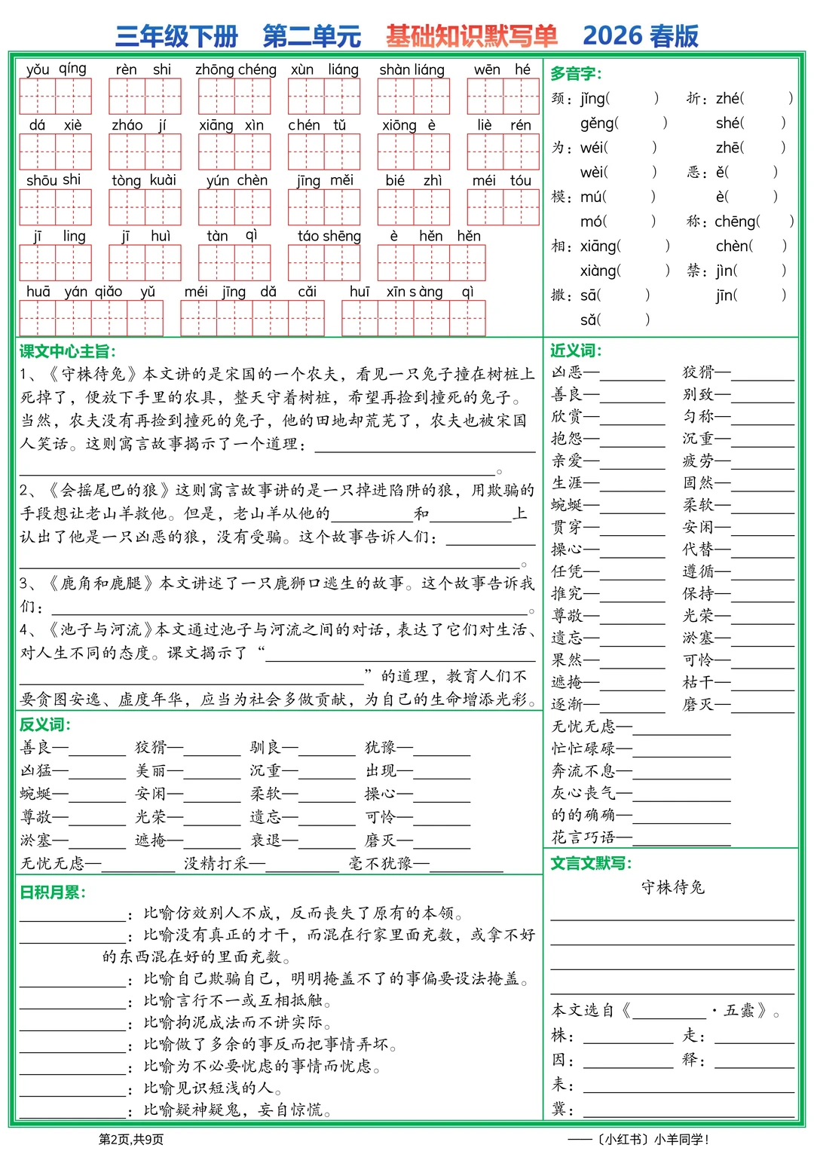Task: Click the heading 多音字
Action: point(576,74)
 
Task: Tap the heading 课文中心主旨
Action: point(68,351)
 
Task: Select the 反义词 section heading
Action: point(45,724)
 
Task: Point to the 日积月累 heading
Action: point(53,892)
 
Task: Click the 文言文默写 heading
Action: point(591,863)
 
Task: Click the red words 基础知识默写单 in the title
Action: point(472,35)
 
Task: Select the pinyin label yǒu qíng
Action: point(57,69)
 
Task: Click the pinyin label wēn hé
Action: point(502,69)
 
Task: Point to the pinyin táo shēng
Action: point(329,236)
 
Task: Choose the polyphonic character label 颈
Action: point(558,98)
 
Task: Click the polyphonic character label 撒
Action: point(558,295)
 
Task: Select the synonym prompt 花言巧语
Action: point(583,837)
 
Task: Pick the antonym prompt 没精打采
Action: point(216,864)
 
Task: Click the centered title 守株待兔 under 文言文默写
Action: point(672,887)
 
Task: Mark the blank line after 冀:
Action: point(688,1113)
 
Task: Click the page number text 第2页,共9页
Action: point(131,1139)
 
